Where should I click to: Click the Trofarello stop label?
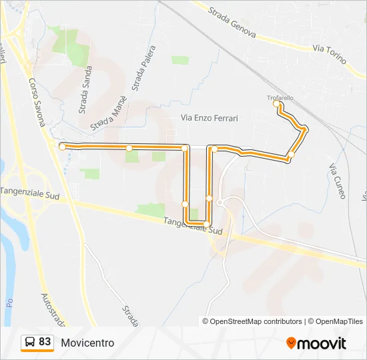point(280,98)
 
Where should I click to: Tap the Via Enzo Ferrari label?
point(210,117)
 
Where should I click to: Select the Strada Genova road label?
point(232,23)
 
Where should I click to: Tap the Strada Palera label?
point(145,69)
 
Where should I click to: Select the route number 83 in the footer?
point(45,342)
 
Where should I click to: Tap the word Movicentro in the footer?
point(87,343)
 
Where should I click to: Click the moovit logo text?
point(322,343)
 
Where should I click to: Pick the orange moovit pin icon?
point(291,343)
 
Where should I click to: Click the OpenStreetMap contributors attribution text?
point(256,321)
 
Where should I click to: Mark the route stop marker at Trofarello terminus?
point(276,104)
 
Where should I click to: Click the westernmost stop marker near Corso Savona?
point(62,146)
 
